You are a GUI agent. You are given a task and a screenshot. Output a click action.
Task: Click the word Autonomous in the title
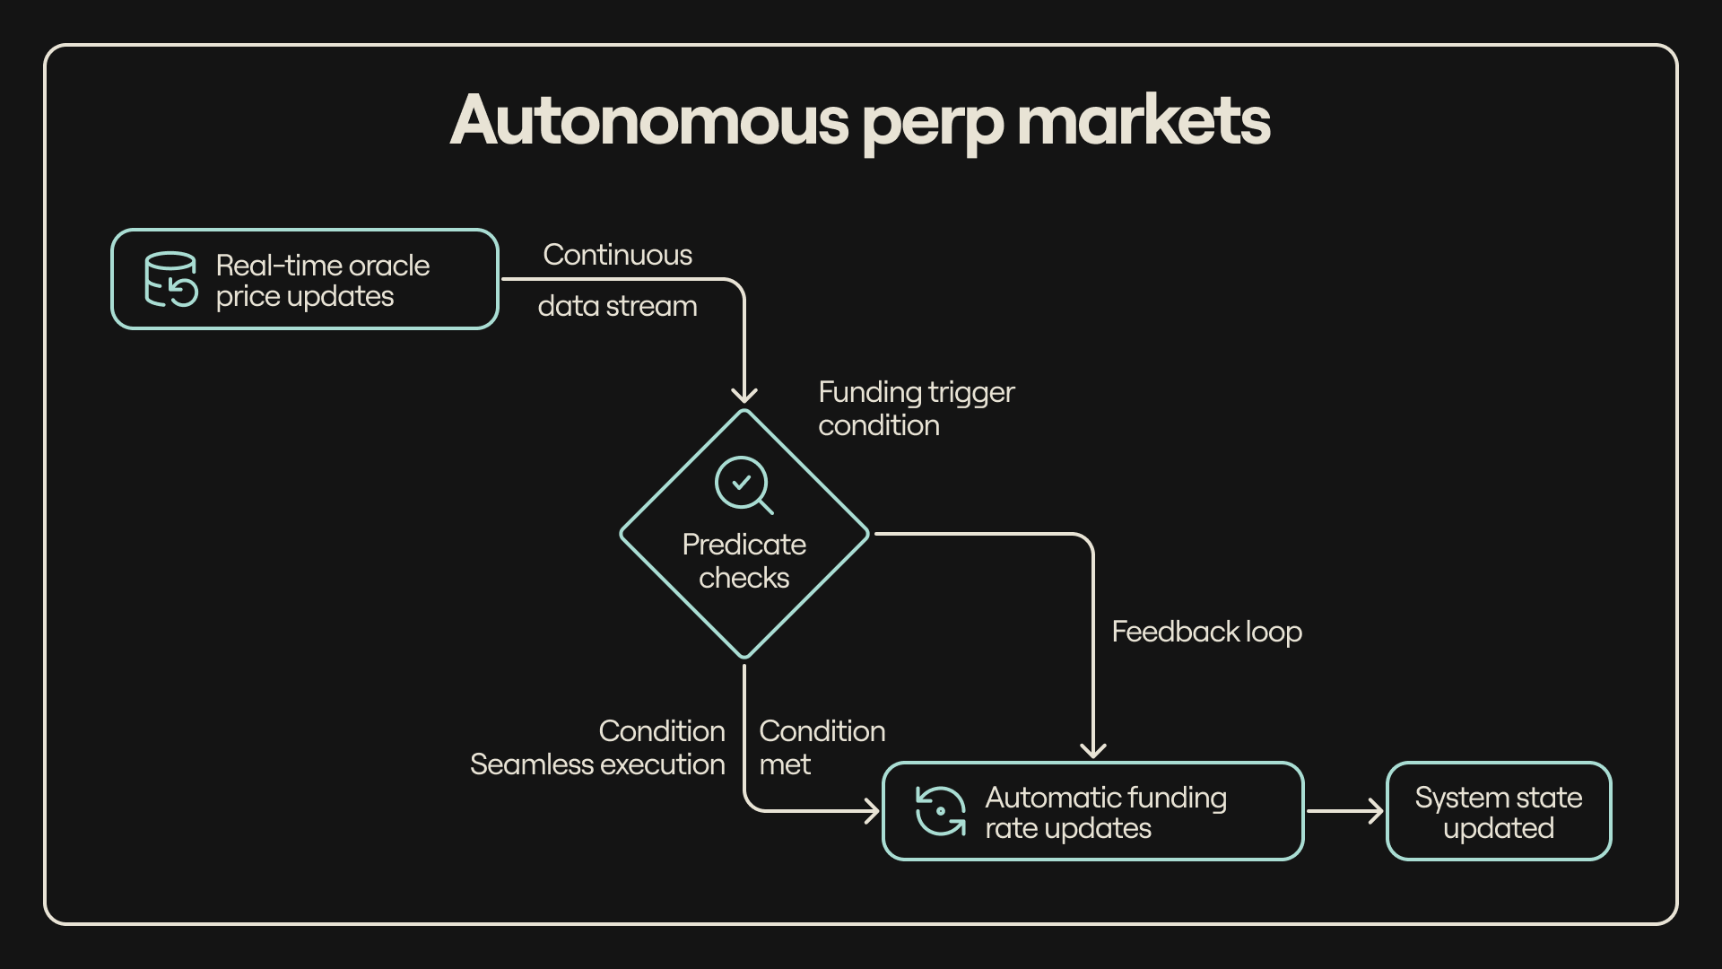(649, 120)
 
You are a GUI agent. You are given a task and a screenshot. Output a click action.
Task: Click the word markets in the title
(1144, 120)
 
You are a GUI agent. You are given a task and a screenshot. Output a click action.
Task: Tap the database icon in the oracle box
(170, 279)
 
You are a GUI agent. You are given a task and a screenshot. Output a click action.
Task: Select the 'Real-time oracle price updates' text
(322, 281)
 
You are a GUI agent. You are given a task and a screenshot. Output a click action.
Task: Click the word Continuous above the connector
(617, 255)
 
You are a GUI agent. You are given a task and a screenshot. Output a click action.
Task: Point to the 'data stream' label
(617, 306)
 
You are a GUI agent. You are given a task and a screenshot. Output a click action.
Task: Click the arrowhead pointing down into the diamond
(744, 395)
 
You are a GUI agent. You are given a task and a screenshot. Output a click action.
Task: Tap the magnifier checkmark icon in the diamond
(744, 484)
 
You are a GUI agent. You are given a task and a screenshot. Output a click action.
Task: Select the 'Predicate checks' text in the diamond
(744, 561)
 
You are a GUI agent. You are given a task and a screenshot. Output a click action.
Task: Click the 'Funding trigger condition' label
(916, 408)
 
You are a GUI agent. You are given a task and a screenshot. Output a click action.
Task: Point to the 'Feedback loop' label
(1206, 632)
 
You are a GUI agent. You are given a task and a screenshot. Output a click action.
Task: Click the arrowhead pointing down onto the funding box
(1093, 749)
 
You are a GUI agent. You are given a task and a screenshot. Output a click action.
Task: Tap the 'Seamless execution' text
(597, 764)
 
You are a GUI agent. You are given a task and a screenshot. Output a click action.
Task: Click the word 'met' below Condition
(785, 764)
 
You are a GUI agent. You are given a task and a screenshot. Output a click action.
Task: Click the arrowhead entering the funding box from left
(871, 811)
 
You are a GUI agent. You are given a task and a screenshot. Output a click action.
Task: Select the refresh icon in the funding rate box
(940, 811)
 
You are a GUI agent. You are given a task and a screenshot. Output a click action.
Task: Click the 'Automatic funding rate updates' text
(1105, 812)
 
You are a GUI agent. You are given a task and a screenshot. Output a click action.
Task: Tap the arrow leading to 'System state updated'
(1345, 811)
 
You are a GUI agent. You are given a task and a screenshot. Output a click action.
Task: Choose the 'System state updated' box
(1499, 812)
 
